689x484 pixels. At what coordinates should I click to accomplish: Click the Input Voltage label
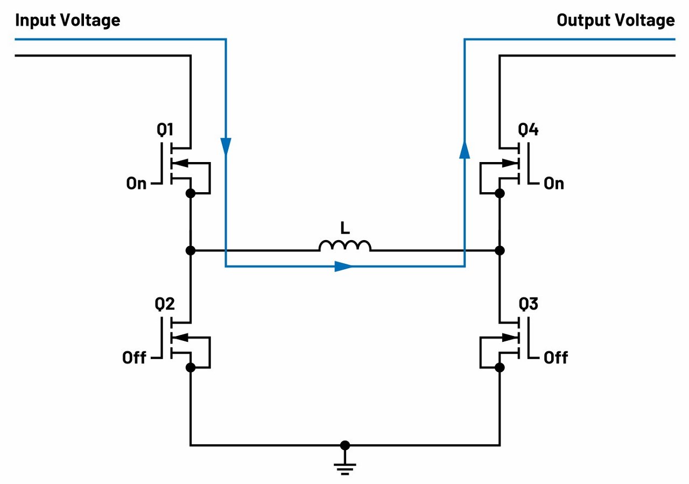[x=68, y=20]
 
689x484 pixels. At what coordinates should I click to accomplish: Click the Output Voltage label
[x=615, y=20]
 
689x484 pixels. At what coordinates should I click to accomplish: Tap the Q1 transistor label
[x=165, y=130]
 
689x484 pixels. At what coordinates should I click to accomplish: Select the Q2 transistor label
[x=165, y=304]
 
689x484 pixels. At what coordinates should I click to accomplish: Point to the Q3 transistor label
[x=528, y=304]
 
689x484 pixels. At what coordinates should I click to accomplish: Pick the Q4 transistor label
[x=528, y=130]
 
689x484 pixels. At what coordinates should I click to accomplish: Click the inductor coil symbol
[x=345, y=245]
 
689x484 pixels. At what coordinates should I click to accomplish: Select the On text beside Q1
[x=137, y=184]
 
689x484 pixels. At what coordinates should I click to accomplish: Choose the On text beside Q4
[x=553, y=184]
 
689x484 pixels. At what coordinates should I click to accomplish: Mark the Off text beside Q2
[x=134, y=357]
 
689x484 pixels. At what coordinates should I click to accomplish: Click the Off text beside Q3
[x=556, y=357]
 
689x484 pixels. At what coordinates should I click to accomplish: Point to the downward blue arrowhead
[x=226, y=145]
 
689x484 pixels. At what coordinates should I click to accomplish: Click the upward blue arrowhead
[x=464, y=149]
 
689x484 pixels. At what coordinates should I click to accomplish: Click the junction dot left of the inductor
[x=190, y=250]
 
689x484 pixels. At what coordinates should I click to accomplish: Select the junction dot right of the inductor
[x=500, y=250]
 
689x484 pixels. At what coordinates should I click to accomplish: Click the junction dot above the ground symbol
[x=345, y=445]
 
